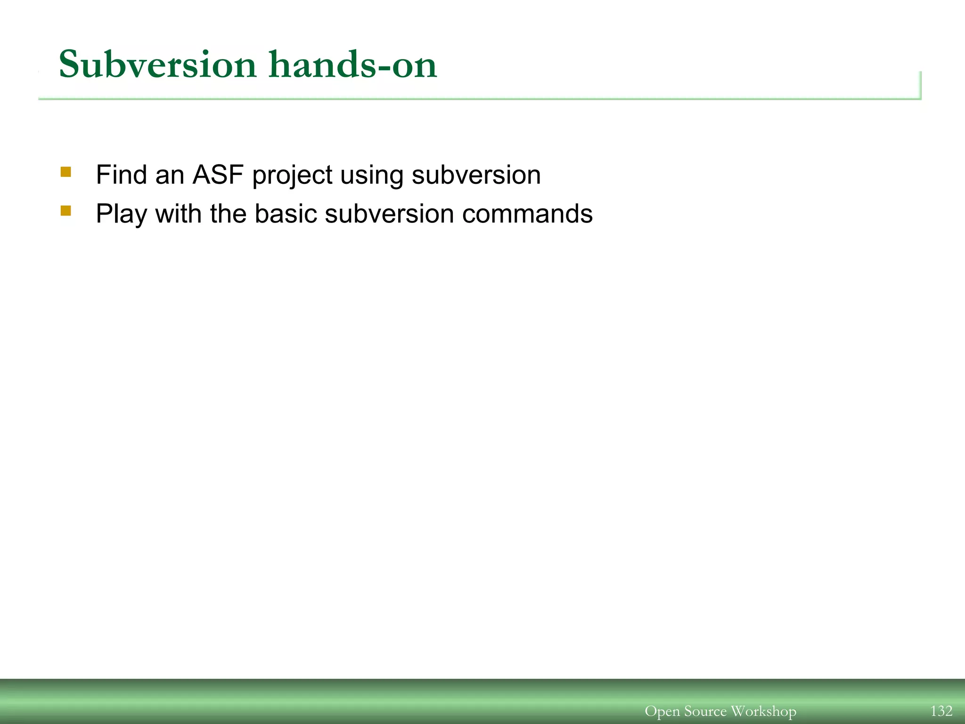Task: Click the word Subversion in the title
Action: pyautogui.click(x=157, y=65)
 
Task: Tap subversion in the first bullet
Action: pyautogui.click(x=476, y=175)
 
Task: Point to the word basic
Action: pyautogui.click(x=286, y=214)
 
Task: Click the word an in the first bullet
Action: pyautogui.click(x=170, y=175)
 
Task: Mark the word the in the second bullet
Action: pyautogui.click(x=228, y=214)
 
